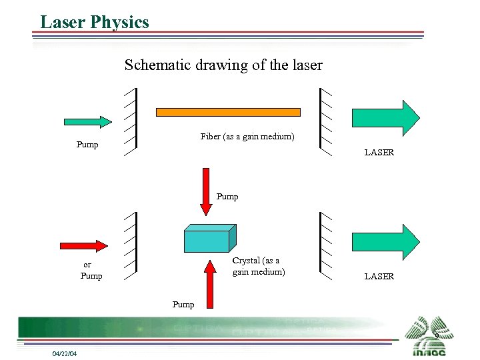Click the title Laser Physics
click(94, 22)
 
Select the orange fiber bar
click(228, 112)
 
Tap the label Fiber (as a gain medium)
click(247, 137)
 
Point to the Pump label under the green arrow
click(87, 145)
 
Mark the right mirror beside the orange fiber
click(326, 122)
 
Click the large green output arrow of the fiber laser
click(385, 118)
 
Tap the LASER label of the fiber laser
click(379, 153)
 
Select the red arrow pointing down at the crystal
click(207, 191)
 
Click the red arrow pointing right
click(83, 245)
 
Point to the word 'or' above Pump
click(87, 265)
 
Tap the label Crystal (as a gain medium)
click(258, 266)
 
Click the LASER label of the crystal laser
click(379, 277)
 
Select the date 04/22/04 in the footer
click(65, 353)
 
